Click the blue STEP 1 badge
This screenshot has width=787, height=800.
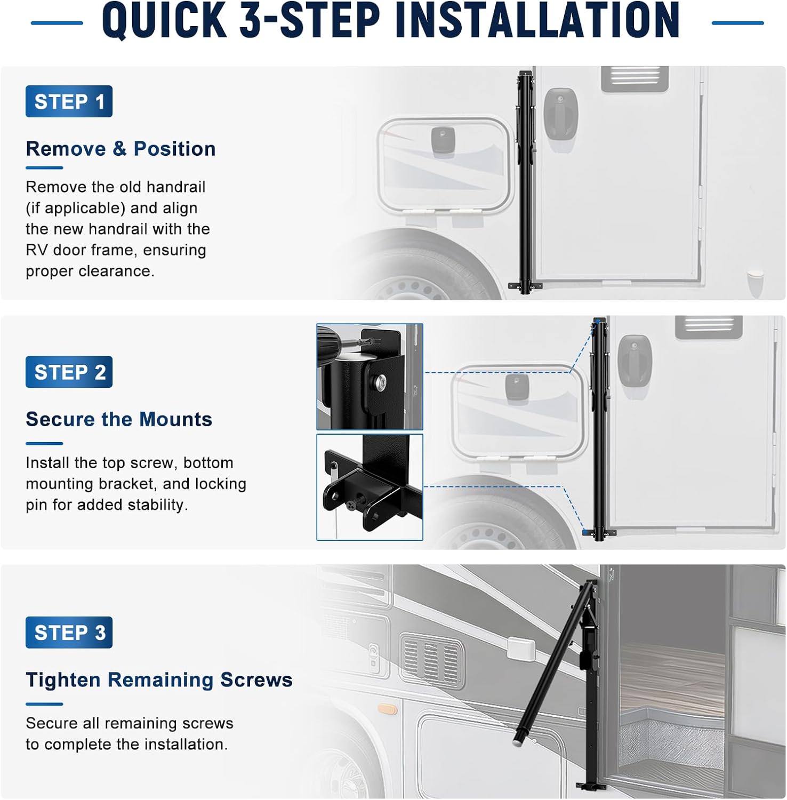[x=69, y=101]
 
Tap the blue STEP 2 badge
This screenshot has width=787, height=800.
[x=69, y=372]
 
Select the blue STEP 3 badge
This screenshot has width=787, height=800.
[x=69, y=633]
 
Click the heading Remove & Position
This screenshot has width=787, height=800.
[x=121, y=149]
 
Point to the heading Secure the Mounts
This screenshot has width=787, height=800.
[x=119, y=419]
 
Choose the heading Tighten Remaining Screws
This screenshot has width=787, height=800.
[x=159, y=680]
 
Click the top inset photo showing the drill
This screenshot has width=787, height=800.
[x=370, y=377]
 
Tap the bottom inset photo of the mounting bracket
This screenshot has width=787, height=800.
[x=370, y=487]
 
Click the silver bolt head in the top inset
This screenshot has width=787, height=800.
[x=381, y=382]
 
